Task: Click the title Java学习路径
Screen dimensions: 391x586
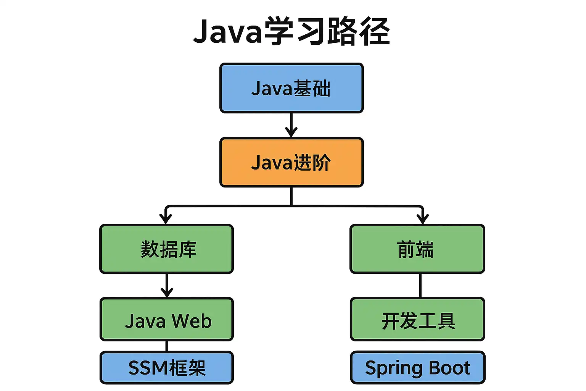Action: (x=291, y=31)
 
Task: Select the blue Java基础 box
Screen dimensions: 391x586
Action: (x=291, y=88)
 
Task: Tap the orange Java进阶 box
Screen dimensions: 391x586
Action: (x=291, y=162)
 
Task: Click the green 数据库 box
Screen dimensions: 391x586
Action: (x=167, y=249)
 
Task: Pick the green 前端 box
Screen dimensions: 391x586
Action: (x=417, y=249)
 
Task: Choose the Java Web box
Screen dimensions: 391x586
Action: (x=167, y=319)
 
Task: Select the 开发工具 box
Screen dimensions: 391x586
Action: (x=417, y=319)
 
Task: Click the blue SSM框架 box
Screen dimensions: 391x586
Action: (x=167, y=368)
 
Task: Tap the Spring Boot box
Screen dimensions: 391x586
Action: (x=417, y=368)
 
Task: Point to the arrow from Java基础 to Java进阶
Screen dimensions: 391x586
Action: (x=291, y=125)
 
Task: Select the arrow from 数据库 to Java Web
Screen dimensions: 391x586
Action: (x=167, y=286)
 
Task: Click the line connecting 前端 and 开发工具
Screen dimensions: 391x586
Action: (x=420, y=286)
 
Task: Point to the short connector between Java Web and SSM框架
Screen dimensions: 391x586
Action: (x=167, y=346)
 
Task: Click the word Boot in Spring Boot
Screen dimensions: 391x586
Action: (x=449, y=368)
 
